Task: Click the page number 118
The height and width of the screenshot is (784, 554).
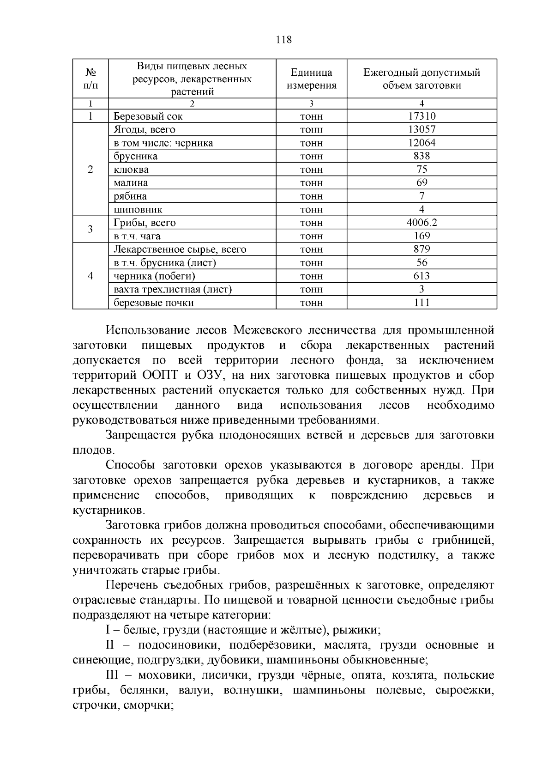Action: [x=283, y=40]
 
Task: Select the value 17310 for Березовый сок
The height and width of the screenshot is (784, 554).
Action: [x=422, y=116]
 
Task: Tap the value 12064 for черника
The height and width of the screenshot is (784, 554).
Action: [x=422, y=143]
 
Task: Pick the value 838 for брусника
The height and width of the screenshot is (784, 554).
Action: [x=422, y=156]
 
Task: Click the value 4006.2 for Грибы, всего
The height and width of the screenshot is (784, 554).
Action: [x=422, y=223]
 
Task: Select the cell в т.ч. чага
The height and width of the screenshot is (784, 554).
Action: [x=137, y=236]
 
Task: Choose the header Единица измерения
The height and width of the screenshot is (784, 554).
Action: [x=311, y=79]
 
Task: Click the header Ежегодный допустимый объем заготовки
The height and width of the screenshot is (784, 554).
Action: [x=422, y=79]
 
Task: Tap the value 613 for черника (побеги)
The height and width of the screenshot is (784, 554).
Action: [x=422, y=276]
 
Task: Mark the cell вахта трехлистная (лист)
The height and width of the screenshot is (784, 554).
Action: [x=173, y=290]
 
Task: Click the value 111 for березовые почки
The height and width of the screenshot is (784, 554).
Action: [x=422, y=303]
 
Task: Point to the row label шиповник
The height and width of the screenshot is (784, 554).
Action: [x=138, y=210]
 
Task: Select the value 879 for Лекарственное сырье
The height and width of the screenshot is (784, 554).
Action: [x=422, y=249]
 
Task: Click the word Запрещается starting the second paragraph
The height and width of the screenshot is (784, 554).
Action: [x=141, y=435]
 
